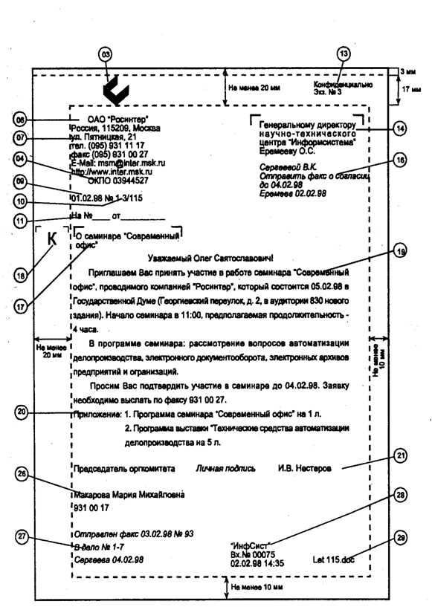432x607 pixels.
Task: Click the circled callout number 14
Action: click(400, 128)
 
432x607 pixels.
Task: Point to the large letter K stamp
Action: click(51, 239)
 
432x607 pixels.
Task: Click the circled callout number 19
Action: click(401, 252)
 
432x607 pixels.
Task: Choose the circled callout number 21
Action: click(401, 456)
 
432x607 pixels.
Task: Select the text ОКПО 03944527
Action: click(117, 181)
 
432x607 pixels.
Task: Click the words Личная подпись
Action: click(226, 469)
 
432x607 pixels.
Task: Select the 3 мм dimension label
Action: click(407, 71)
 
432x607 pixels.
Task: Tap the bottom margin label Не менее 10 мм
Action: click(257, 587)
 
